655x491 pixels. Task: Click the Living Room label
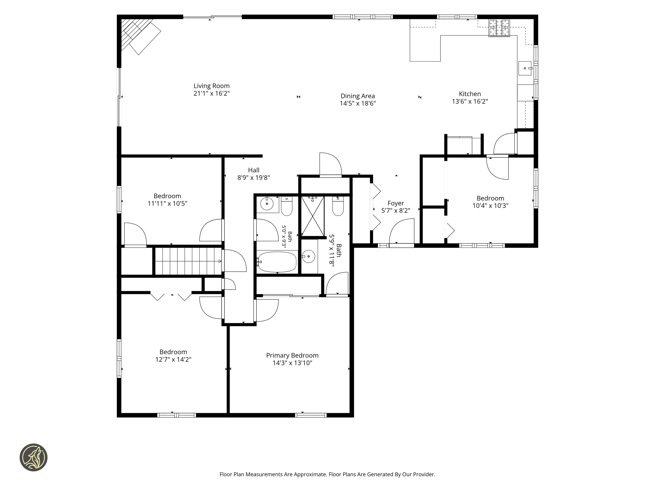pyautogui.click(x=211, y=86)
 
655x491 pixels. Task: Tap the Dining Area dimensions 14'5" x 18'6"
pyautogui.click(x=358, y=103)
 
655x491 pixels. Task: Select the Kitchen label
pyautogui.click(x=470, y=94)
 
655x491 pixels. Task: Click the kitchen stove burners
pyautogui.click(x=499, y=28)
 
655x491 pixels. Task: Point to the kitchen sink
pyautogui.click(x=525, y=68)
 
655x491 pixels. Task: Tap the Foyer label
pyautogui.click(x=396, y=203)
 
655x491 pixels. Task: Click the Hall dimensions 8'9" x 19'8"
pyautogui.click(x=254, y=178)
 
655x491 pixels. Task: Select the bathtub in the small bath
pyautogui.click(x=277, y=262)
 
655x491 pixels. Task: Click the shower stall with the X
pyautogui.click(x=313, y=216)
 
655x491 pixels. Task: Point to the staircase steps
pyautogui.click(x=188, y=261)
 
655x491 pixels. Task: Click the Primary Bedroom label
pyautogui.click(x=292, y=355)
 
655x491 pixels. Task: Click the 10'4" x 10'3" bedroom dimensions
pyautogui.click(x=490, y=206)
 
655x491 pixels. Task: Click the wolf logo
pyautogui.click(x=33, y=457)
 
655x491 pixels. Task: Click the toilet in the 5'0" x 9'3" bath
pyautogui.click(x=287, y=206)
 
